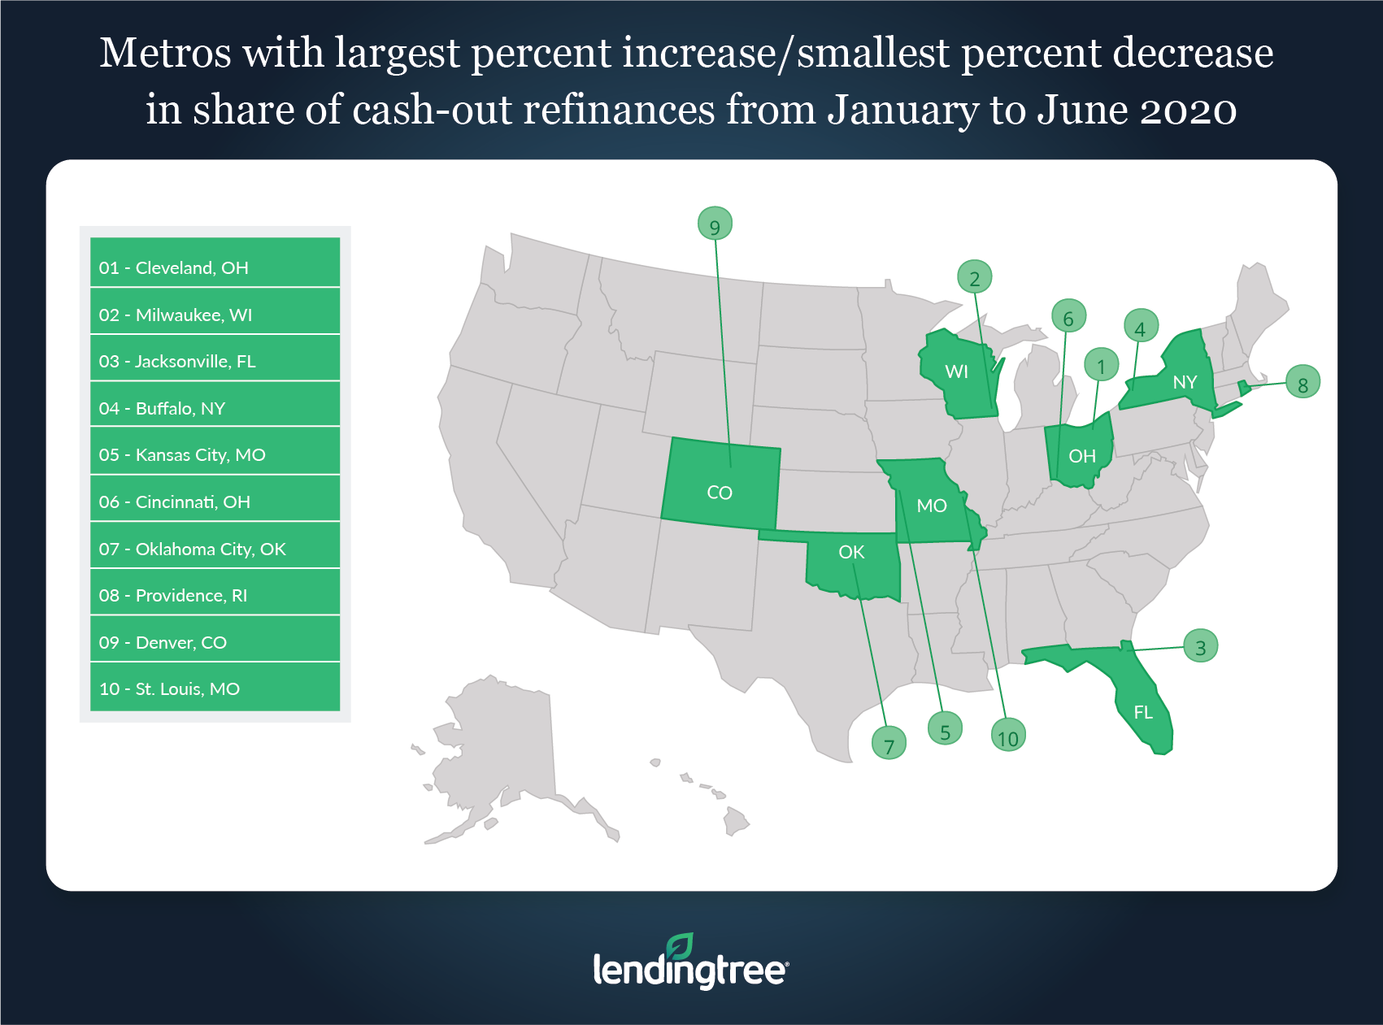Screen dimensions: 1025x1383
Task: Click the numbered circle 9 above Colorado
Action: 715,224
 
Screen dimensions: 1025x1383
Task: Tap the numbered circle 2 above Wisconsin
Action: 974,278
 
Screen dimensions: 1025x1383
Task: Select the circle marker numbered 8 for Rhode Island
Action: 1303,383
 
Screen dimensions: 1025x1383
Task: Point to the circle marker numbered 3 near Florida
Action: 1200,647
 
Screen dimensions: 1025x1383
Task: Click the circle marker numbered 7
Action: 889,743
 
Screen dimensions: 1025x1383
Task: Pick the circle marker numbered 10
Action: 1007,736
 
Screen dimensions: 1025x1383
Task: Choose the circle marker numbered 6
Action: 1068,317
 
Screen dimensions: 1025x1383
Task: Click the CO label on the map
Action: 720,493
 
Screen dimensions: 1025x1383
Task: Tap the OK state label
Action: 851,553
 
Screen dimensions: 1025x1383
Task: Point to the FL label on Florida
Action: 1143,713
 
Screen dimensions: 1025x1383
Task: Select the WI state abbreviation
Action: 956,372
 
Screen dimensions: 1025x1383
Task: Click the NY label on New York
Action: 1185,382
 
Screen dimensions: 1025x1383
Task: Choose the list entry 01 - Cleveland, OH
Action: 215,267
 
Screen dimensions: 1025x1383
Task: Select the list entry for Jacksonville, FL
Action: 215,361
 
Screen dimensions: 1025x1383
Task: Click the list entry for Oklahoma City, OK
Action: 215,549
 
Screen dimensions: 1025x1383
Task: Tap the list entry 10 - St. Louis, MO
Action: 215,688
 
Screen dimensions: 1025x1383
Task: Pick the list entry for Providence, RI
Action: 215,595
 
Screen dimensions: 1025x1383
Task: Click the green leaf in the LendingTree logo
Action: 680,946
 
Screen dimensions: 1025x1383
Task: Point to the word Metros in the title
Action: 165,54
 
